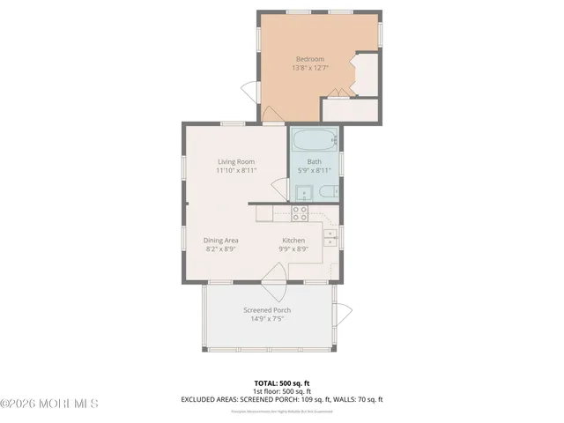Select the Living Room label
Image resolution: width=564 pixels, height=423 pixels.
click(x=236, y=161)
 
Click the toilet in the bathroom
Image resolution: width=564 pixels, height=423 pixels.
click(x=326, y=193)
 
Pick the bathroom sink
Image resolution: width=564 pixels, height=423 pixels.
click(x=301, y=195)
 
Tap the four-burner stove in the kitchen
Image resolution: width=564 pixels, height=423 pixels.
click(x=300, y=212)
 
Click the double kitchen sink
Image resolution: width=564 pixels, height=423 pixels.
click(x=332, y=240)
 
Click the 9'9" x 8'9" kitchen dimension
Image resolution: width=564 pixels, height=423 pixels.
click(x=293, y=249)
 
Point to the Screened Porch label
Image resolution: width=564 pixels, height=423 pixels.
click(x=267, y=310)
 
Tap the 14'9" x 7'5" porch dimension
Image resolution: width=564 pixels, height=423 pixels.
click(x=267, y=320)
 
